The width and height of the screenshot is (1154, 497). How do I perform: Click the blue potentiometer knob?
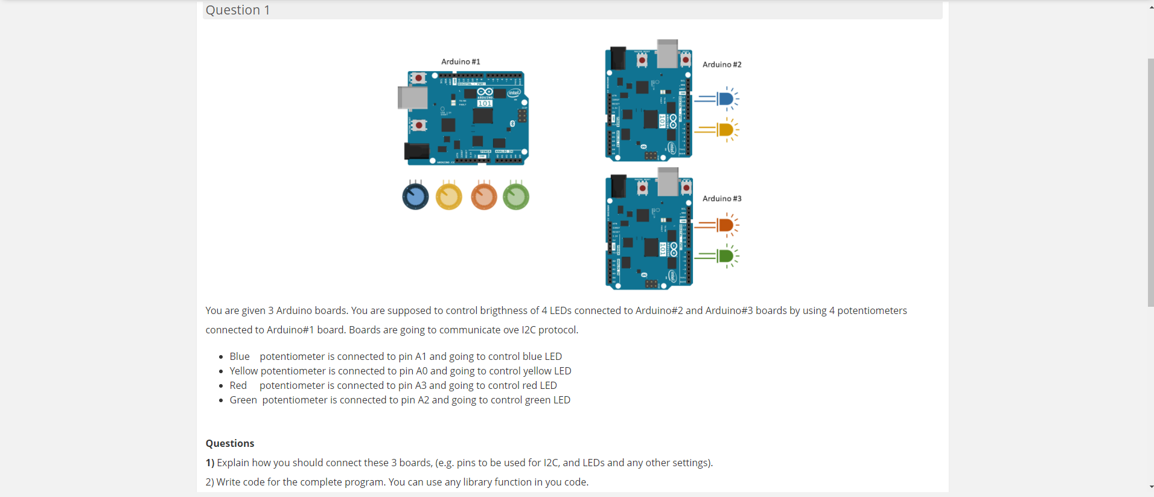pos(415,196)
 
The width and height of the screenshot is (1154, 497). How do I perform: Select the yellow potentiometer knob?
pos(449,196)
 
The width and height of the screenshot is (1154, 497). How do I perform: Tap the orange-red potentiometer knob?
pos(484,196)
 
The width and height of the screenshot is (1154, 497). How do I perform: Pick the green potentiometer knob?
pos(516,196)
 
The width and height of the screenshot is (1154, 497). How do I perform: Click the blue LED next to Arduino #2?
pos(726,98)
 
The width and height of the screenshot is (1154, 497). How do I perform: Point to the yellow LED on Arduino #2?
pos(726,129)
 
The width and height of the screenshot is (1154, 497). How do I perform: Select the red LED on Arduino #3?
pos(726,225)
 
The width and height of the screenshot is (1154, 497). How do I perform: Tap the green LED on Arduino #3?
pos(726,256)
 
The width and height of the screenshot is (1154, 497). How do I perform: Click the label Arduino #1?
pos(461,62)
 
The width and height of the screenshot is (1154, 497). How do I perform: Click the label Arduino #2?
pos(722,65)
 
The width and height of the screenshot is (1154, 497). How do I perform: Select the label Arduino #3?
pos(722,199)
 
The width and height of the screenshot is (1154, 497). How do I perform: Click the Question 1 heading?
pos(238,10)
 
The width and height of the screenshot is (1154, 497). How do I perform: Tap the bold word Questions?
pos(230,443)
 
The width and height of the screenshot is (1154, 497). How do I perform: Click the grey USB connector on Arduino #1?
pos(412,97)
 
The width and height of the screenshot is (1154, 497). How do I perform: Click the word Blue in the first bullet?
pos(240,356)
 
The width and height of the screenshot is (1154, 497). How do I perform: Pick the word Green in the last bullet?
pos(243,400)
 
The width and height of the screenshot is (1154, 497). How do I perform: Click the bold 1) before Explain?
pos(210,463)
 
